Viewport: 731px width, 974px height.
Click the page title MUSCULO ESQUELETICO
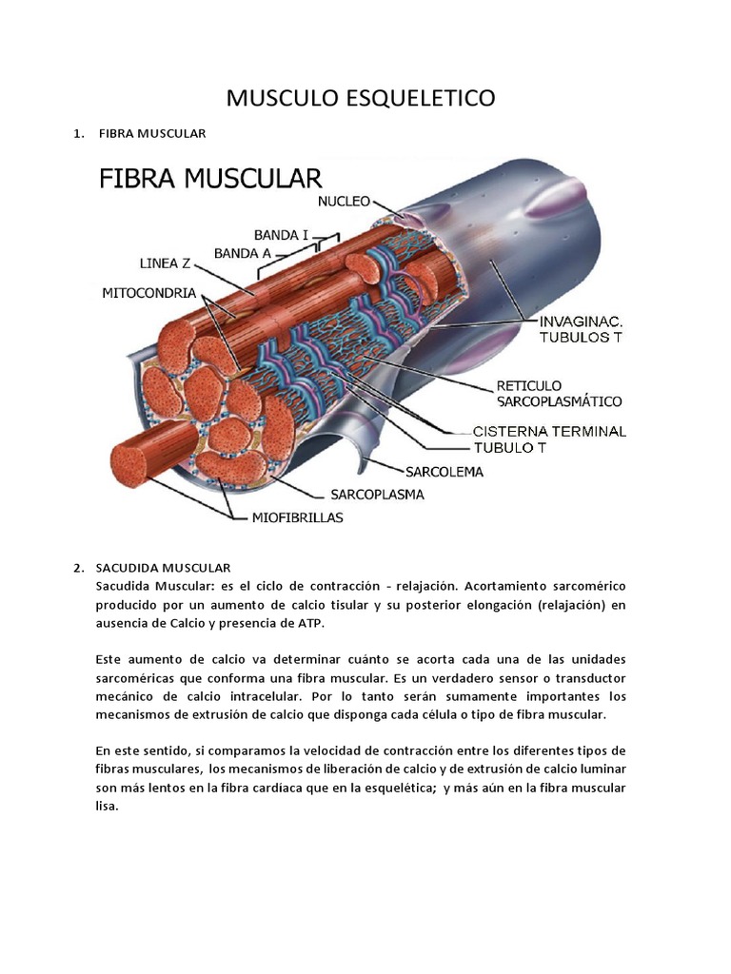click(361, 98)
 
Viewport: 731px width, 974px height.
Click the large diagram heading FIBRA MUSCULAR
click(212, 179)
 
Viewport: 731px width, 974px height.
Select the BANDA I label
click(281, 234)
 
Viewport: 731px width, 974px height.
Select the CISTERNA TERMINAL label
click(550, 431)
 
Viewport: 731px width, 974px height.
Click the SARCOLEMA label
click(445, 472)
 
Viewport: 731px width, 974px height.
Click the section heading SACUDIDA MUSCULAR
click(164, 568)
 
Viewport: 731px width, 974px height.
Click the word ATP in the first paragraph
click(309, 623)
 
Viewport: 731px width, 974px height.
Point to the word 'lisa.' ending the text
click(109, 806)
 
